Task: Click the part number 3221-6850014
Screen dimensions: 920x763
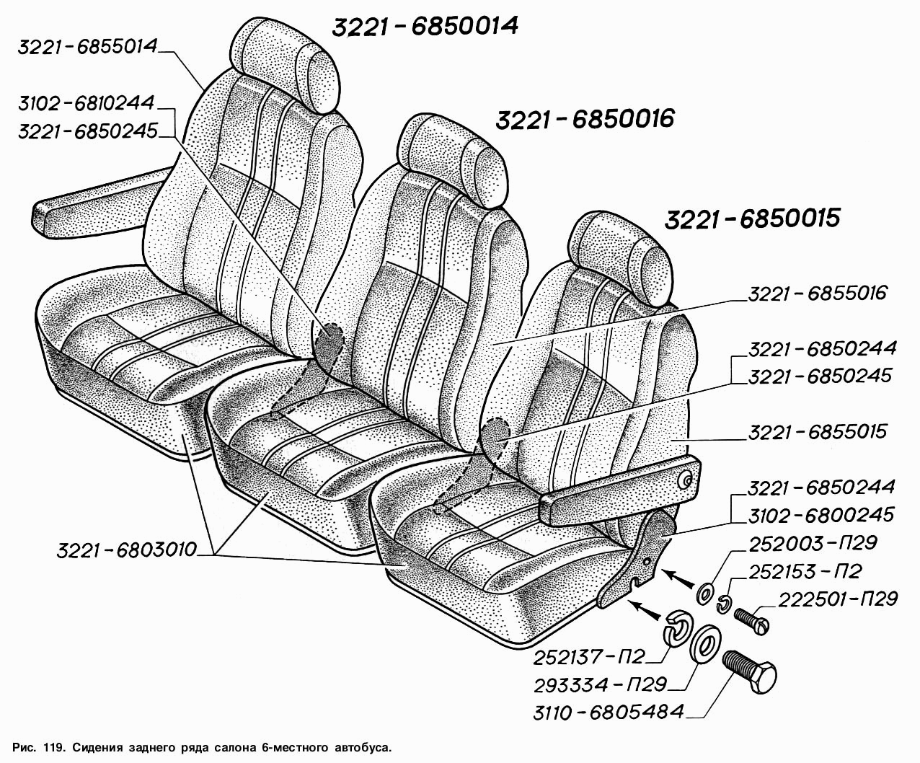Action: (x=425, y=27)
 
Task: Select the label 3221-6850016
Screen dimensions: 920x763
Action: (x=585, y=119)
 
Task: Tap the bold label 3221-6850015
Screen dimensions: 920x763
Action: (x=753, y=219)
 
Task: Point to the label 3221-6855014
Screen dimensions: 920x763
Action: (x=88, y=47)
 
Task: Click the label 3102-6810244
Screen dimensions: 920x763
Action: (x=87, y=104)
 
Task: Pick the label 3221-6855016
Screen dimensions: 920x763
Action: (x=818, y=293)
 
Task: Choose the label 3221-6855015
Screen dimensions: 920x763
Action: (x=818, y=431)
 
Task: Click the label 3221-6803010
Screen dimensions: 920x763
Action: (x=126, y=550)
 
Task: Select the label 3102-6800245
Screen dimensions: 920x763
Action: (x=821, y=515)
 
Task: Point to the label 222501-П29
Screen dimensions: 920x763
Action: (x=838, y=599)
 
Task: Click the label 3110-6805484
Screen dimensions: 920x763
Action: (x=609, y=712)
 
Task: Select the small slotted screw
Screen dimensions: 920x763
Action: (x=752, y=622)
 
